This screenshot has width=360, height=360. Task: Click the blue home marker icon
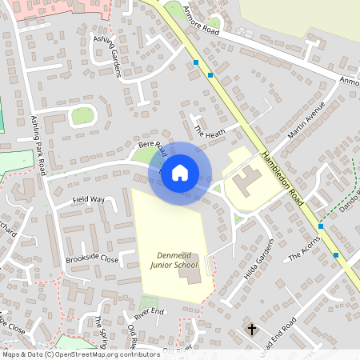tap(180, 174)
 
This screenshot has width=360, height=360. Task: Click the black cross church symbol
tap(252, 329)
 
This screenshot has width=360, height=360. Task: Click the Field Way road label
tap(88, 198)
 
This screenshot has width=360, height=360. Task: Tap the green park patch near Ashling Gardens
tap(82, 116)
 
